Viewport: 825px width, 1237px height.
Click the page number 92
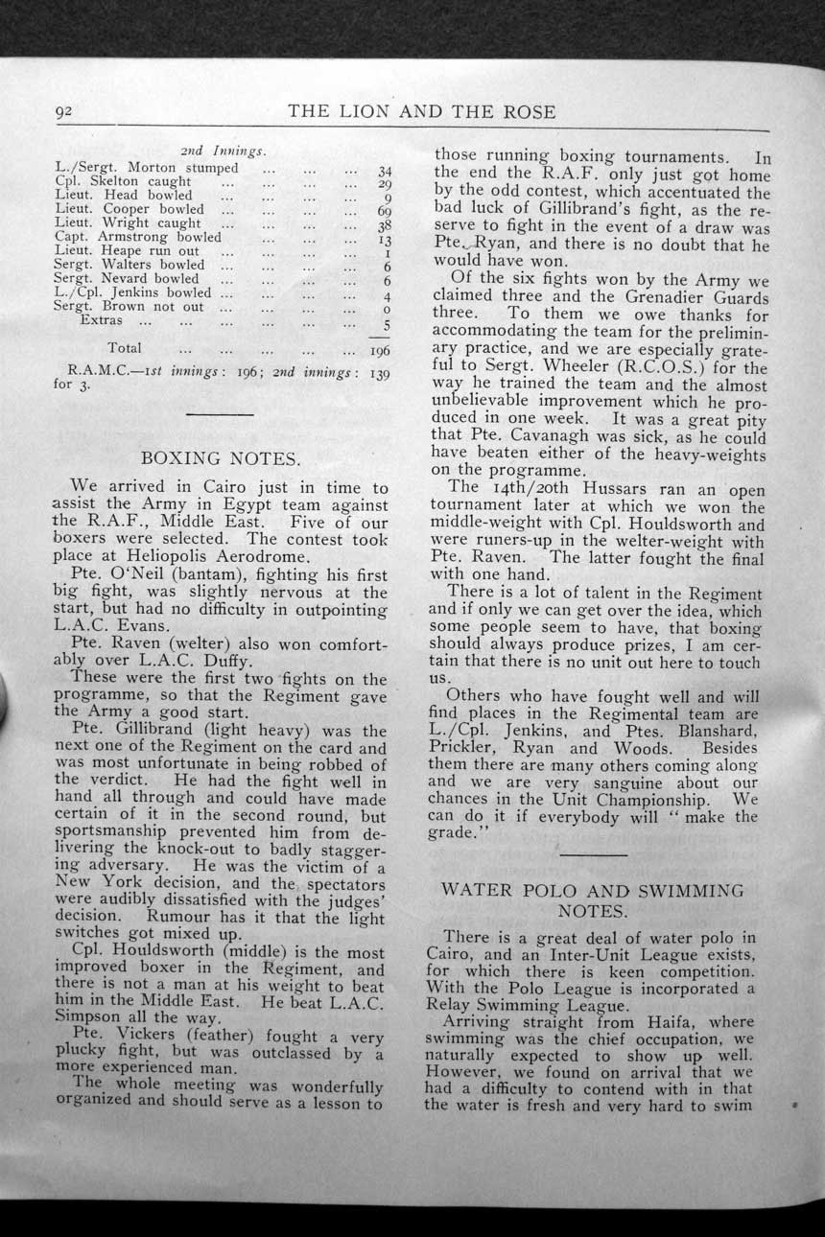pyautogui.click(x=64, y=111)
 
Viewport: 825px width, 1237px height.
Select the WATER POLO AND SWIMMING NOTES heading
pyautogui.click(x=592, y=899)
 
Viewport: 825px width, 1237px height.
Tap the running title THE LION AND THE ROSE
pyautogui.click(x=421, y=111)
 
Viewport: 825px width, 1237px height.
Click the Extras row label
pyautogui.click(x=101, y=320)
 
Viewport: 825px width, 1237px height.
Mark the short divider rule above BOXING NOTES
pyautogui.click(x=221, y=414)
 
